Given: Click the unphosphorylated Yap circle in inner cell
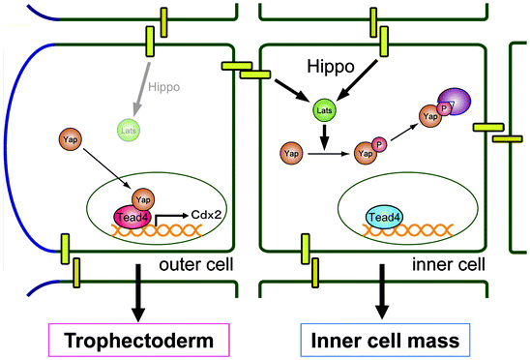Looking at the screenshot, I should tap(289, 152).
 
